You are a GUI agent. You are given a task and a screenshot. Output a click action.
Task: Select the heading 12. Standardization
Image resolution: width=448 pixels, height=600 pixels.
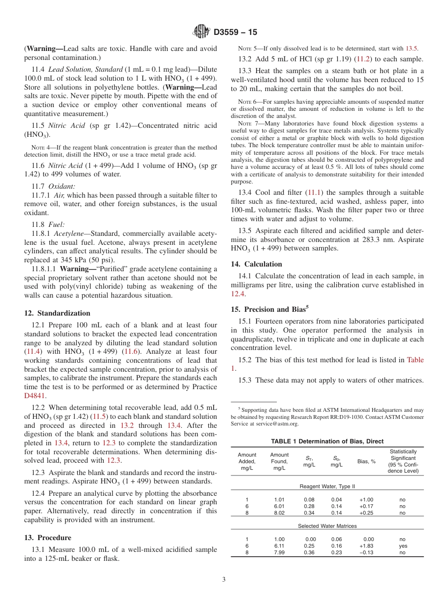click(57, 313)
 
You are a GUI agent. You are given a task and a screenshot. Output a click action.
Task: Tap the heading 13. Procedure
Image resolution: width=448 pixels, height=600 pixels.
click(48, 538)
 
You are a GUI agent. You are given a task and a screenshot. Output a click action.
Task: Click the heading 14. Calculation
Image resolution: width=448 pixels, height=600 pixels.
click(257, 264)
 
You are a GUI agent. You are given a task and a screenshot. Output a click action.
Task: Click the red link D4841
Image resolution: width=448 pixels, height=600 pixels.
click(34, 396)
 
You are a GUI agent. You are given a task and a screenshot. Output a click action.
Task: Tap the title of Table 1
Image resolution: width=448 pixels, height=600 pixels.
click(327, 442)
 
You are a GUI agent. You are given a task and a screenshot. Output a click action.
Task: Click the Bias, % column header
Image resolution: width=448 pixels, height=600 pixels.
click(366, 461)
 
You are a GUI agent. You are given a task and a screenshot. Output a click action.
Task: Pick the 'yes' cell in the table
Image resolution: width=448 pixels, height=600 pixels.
click(402, 546)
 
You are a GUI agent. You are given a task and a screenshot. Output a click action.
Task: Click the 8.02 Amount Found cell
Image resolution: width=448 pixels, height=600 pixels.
click(279, 513)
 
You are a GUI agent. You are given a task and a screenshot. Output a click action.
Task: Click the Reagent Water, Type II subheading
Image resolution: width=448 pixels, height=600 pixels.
click(327, 486)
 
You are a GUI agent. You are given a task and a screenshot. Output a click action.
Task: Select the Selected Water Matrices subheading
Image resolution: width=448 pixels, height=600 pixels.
click(327, 526)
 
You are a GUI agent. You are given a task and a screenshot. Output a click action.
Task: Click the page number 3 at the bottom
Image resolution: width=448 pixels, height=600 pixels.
click(224, 579)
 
